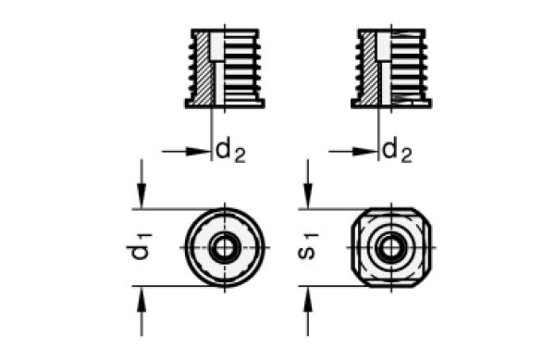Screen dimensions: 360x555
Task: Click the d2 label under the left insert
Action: (x=230, y=150)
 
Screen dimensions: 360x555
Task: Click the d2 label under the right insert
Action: (x=397, y=149)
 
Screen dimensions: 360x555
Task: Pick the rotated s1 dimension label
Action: (x=310, y=247)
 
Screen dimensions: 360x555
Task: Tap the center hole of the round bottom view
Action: (x=225, y=247)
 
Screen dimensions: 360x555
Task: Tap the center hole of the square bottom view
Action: (x=392, y=247)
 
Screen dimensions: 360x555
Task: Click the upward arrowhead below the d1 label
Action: (x=142, y=299)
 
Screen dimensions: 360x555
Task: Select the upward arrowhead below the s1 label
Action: (x=308, y=299)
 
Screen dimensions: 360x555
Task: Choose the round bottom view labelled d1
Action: (x=225, y=247)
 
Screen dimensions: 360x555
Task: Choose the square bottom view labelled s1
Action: (x=392, y=247)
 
